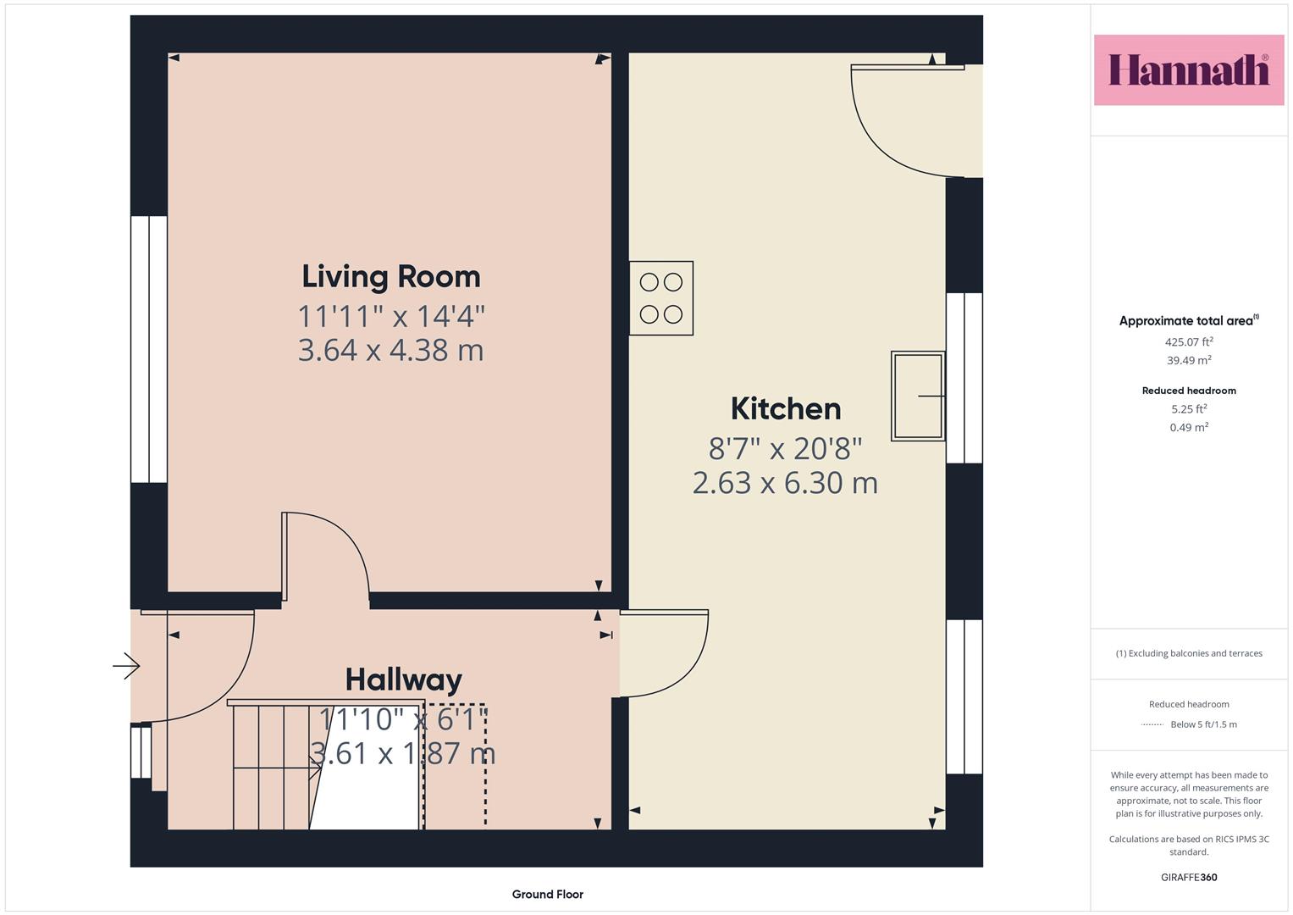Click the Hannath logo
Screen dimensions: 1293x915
1189,69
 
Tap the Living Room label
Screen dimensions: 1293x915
391,277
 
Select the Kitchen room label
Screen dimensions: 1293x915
786,409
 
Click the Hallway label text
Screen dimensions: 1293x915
404,679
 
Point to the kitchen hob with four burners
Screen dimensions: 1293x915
661,298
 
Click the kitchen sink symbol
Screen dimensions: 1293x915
918,396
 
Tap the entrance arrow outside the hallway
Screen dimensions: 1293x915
126,666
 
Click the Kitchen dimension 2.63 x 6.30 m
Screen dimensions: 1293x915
785,483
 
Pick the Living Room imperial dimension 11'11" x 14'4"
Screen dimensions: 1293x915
391,317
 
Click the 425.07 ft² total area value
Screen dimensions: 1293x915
1189,342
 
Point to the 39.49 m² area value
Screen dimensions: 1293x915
1189,360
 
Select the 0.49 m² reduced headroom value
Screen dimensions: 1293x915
1189,428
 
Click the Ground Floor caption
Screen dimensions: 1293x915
547,894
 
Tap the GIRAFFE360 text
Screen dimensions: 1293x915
1189,877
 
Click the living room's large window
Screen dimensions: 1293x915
149,349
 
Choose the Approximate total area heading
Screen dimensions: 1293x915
1189,320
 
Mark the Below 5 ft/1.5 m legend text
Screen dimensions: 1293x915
1203,724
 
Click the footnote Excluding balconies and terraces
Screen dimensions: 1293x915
1189,653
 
